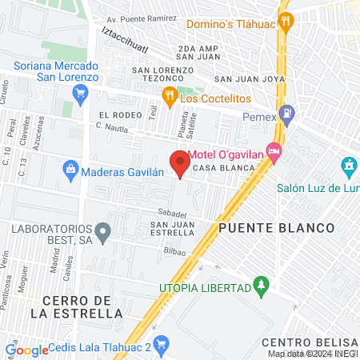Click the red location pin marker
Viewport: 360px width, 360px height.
pyautogui.click(x=180, y=164)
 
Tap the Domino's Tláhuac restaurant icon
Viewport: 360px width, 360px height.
pyautogui.click(x=284, y=22)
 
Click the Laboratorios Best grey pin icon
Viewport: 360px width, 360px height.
pyautogui.click(x=102, y=234)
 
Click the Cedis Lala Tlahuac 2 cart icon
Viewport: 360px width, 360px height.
pyautogui.click(x=161, y=346)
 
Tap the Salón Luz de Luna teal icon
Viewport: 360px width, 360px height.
pyautogui.click(x=348, y=167)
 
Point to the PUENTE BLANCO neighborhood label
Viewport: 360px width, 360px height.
pyautogui.click(x=275, y=228)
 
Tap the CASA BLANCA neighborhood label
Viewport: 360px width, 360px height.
pyautogui.click(x=224, y=168)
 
